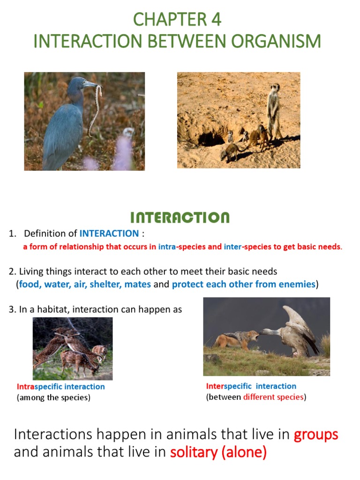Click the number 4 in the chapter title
point(216,20)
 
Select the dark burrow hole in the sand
point(211,139)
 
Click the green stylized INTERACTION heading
point(180,217)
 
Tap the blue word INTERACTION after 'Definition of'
point(109,233)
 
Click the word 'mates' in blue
point(138,285)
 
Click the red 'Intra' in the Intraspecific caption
point(26,387)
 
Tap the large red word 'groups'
point(315,435)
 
